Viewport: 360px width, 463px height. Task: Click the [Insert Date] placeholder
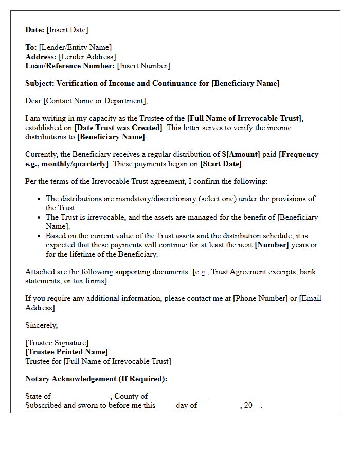[x=67, y=30]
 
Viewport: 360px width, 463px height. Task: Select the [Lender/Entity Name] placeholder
[x=75, y=47]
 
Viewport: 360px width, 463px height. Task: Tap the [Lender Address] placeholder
[x=87, y=57]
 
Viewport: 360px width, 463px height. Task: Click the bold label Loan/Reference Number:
[x=70, y=66]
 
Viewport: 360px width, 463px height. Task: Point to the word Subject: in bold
[x=40, y=83]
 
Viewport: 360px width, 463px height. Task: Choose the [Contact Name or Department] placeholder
[x=96, y=101]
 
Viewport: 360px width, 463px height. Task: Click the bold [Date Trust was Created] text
[x=118, y=128]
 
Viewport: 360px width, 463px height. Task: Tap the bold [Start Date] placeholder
[x=222, y=164]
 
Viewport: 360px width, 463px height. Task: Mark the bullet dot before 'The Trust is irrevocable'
[x=40, y=217]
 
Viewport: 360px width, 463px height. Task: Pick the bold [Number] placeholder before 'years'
[x=272, y=245]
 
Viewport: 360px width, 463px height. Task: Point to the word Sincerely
[x=42, y=325]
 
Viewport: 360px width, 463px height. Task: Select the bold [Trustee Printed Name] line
[x=66, y=352]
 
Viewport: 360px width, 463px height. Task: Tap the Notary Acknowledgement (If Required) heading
[x=96, y=379]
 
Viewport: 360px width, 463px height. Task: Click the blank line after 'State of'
[x=81, y=397]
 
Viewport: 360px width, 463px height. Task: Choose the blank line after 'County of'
[x=178, y=397]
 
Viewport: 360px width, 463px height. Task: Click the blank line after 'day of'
[x=220, y=406]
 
